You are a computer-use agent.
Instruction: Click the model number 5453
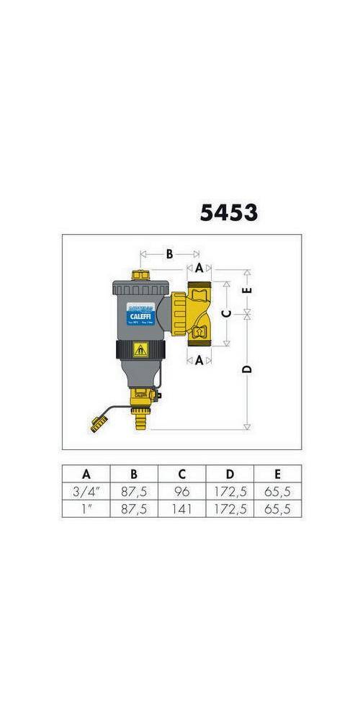point(228,212)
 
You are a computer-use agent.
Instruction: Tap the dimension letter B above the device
point(169,253)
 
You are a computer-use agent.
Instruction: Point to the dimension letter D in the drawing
point(247,369)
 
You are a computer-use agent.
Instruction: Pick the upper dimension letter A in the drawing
point(199,267)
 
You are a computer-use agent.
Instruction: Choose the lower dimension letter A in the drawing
point(199,361)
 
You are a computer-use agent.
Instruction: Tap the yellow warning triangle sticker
point(138,351)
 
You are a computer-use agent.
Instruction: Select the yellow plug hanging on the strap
point(95,425)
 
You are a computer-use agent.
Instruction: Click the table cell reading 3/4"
point(86,492)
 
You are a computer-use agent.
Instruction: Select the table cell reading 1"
point(86,509)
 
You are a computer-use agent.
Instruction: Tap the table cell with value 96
point(181,492)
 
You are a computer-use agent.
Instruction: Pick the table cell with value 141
point(181,509)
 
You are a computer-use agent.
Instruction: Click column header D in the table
point(230,474)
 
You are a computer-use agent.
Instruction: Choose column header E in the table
point(277,474)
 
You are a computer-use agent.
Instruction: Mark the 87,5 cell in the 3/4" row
point(134,492)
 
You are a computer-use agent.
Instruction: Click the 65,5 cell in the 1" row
point(277,509)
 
